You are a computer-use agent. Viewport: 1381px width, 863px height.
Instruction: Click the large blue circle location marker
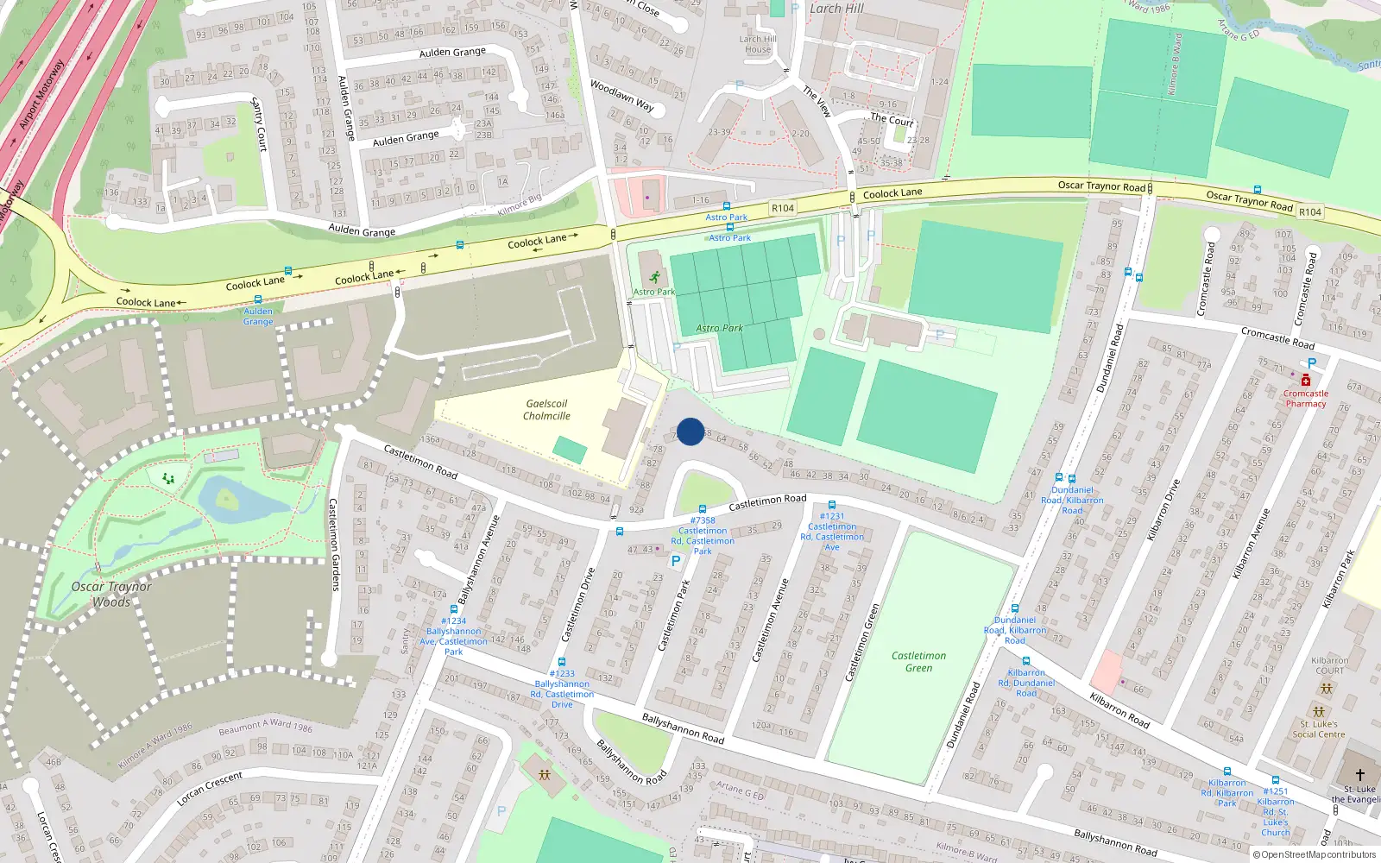point(690,431)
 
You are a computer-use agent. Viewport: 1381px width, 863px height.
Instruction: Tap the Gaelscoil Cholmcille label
point(546,410)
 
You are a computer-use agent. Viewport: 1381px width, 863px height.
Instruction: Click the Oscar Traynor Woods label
point(111,594)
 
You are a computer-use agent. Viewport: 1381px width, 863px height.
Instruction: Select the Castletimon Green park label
point(918,662)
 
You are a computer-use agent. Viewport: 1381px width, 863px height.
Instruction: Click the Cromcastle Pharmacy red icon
point(1305,381)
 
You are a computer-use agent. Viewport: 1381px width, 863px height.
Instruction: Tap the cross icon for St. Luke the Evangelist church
point(1359,775)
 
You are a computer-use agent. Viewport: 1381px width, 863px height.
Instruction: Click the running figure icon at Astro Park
point(654,277)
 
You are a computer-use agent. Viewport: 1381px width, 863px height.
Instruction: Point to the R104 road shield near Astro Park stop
point(783,208)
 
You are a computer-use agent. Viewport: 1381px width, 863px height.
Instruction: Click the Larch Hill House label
point(758,44)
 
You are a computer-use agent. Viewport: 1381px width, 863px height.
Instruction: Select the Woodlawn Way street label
point(621,95)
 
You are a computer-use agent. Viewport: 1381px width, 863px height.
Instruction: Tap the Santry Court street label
point(259,125)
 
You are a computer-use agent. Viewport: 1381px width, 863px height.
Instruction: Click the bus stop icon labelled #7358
point(703,509)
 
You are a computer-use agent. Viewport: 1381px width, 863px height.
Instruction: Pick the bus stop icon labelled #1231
point(831,505)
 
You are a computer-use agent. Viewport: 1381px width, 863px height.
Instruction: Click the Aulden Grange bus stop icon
point(257,299)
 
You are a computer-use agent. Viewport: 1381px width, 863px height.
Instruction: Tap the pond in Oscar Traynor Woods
point(229,499)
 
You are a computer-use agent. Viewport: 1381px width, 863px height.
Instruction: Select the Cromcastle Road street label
point(1277,337)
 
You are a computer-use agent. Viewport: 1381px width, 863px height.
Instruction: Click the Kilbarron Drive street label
point(1163,509)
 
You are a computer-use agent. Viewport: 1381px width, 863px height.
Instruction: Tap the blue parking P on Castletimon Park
point(676,561)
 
